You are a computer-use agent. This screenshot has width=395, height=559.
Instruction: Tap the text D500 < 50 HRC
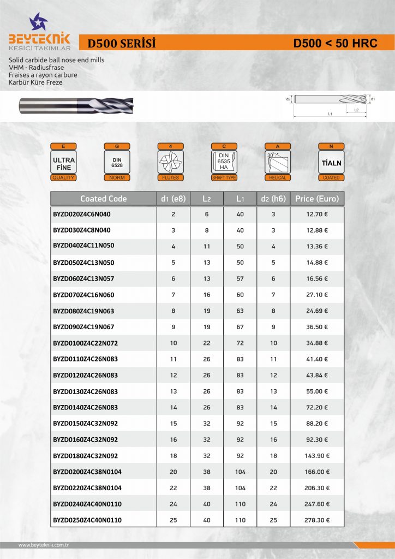[x=335, y=43]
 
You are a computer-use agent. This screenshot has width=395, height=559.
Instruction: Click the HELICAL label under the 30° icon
[x=278, y=178]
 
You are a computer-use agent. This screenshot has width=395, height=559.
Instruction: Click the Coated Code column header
[x=103, y=199]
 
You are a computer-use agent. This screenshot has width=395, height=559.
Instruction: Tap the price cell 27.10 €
[x=316, y=295]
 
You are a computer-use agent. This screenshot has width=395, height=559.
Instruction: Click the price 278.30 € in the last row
[x=316, y=520]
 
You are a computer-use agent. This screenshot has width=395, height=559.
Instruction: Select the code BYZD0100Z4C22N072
[x=85, y=343]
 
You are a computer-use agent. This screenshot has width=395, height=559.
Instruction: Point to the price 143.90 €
[x=316, y=456]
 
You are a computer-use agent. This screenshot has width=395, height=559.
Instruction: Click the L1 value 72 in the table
[x=240, y=343]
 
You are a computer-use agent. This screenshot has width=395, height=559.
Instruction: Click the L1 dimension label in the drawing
[x=330, y=114]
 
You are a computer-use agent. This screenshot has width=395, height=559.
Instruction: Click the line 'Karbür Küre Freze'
[x=35, y=82]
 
